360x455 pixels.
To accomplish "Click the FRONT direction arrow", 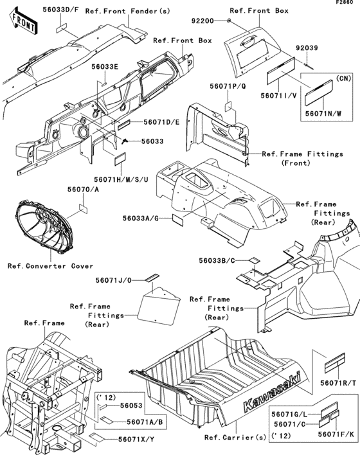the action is point(23,21).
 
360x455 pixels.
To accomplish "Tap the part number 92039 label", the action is point(307,48).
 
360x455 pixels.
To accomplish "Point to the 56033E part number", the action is point(105,67).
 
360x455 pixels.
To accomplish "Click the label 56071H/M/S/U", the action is point(121,179).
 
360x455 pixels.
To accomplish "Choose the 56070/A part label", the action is point(84,190).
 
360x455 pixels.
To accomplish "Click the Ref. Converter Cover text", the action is point(51,266).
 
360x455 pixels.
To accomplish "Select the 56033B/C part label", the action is point(217,260).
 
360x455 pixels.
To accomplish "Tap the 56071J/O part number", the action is point(114,281).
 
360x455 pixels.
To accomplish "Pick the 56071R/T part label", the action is point(338,383).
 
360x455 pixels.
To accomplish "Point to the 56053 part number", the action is point(131,406).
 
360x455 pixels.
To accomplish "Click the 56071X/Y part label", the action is point(136,440).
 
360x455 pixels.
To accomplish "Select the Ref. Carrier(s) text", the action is point(235,437).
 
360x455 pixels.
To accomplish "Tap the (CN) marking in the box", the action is point(344,78).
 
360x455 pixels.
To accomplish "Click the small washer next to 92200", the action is point(229,21).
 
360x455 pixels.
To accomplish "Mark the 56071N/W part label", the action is point(323,114).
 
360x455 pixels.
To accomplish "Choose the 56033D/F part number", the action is point(60,9).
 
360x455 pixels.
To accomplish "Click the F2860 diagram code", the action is point(345,3).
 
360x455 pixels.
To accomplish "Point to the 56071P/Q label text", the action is point(228,86).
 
